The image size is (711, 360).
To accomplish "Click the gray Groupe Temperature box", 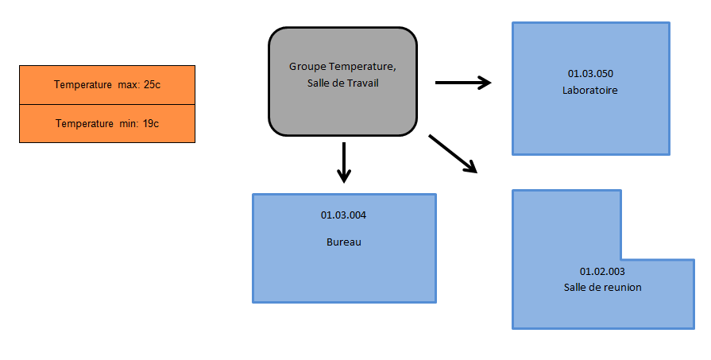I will point(343,111).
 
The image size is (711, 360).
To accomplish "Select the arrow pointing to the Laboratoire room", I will point(463,82).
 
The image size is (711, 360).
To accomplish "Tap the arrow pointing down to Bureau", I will point(343,162).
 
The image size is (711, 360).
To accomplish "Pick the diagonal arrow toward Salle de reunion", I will point(453,153).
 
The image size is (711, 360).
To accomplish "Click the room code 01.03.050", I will point(589,74).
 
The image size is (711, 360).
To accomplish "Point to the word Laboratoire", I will point(589,91).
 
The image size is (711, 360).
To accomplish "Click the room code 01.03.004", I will point(343,215).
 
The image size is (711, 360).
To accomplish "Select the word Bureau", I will point(343,242).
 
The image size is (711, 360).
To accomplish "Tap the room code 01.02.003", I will point(602,271).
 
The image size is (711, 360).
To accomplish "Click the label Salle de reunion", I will point(602,287).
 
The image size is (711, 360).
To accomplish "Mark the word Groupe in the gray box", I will point(306,67).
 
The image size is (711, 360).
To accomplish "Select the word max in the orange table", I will point(127,84).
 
